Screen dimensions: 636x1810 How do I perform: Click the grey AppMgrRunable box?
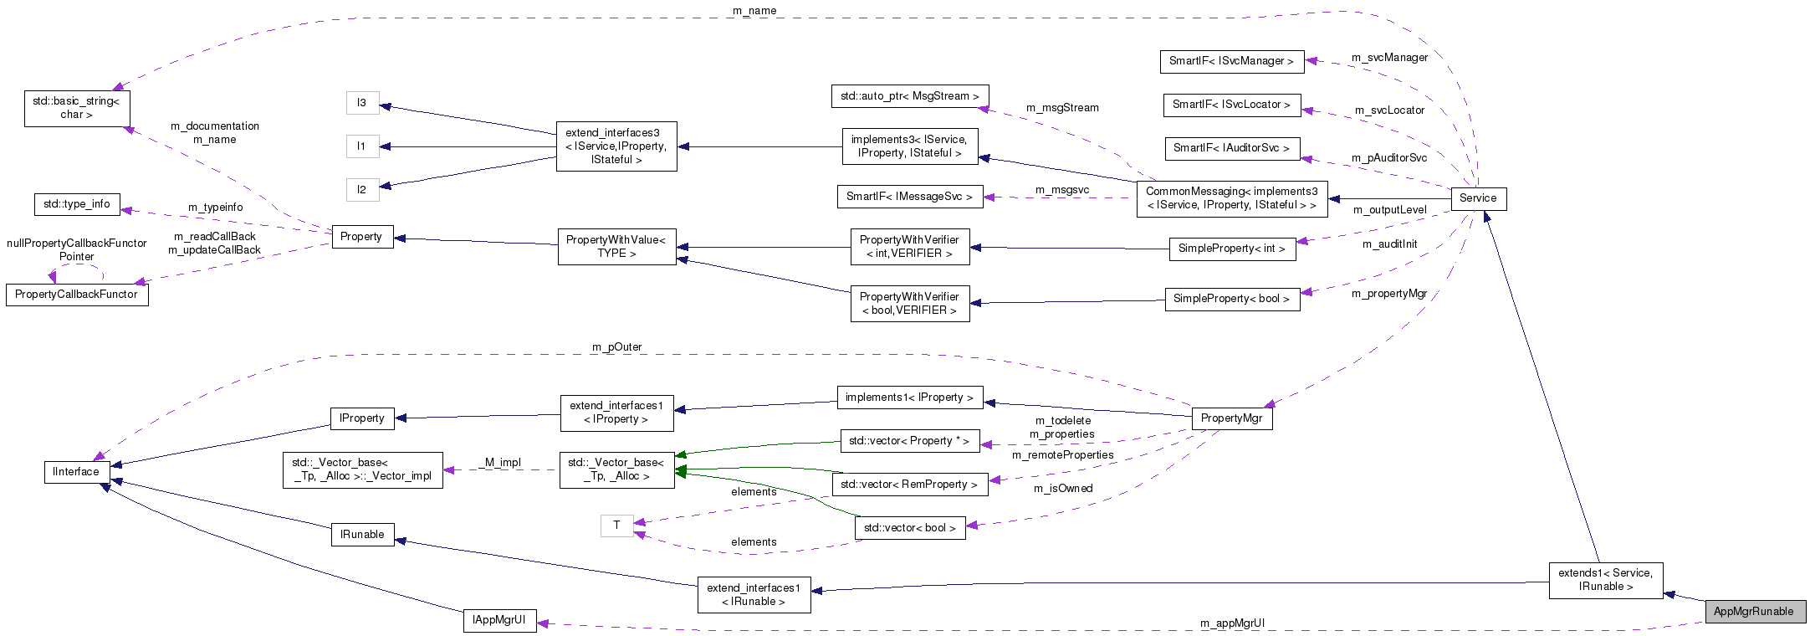(x=1754, y=612)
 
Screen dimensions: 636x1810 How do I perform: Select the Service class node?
(x=1478, y=198)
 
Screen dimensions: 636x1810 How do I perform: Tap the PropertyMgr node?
(x=1231, y=418)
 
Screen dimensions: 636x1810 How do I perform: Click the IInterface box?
(x=76, y=472)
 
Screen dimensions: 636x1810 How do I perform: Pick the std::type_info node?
(x=77, y=204)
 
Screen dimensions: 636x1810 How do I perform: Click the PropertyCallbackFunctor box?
(x=77, y=295)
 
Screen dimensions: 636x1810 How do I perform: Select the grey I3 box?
(x=362, y=103)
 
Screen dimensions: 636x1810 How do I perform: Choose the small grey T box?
(x=616, y=526)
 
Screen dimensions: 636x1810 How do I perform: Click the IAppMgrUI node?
(x=499, y=620)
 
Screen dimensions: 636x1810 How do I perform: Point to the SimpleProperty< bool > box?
(x=1231, y=299)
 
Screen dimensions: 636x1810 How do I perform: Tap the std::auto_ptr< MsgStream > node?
(x=910, y=96)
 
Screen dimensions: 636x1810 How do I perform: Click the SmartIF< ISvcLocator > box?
(x=1231, y=105)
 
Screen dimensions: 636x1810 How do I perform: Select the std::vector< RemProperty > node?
(x=909, y=485)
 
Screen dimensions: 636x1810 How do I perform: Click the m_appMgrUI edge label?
(x=1232, y=623)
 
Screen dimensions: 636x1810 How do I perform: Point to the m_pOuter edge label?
(x=617, y=347)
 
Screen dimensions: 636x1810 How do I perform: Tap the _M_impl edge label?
(x=502, y=462)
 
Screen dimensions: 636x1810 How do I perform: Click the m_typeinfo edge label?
(x=216, y=208)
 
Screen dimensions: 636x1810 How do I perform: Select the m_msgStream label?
(x=1062, y=108)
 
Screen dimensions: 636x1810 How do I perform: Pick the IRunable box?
(x=362, y=535)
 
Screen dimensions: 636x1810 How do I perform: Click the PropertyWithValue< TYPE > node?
(x=616, y=247)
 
